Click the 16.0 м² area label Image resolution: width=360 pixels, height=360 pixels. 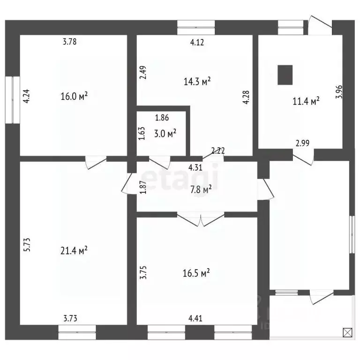[74, 96]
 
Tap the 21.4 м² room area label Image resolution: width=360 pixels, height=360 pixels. [74, 250]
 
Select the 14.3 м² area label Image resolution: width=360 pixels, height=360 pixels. [197, 82]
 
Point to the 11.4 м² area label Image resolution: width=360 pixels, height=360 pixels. [306, 101]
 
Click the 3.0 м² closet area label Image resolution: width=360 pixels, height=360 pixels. [165, 134]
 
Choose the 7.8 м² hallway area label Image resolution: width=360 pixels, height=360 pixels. [201, 190]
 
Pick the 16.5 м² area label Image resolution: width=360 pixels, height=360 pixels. [196, 273]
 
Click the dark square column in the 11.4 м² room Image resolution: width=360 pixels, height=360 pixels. [285, 75]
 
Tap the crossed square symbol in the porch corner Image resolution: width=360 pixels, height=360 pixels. [347, 332]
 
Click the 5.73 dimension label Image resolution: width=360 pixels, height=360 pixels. [27, 245]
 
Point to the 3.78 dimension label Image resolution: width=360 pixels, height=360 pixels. [69, 42]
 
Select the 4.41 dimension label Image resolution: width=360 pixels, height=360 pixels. [195, 318]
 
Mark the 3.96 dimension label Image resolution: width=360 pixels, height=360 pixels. [339, 92]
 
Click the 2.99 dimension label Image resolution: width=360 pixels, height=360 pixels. [302, 143]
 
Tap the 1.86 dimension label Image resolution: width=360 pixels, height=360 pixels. [162, 118]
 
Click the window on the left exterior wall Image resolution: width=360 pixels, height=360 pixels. [12, 100]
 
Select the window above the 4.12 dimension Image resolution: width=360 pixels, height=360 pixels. [196, 28]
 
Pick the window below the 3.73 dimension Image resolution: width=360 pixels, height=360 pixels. [77, 332]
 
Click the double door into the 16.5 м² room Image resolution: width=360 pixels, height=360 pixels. [201, 220]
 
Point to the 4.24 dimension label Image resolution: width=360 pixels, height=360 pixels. [27, 96]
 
